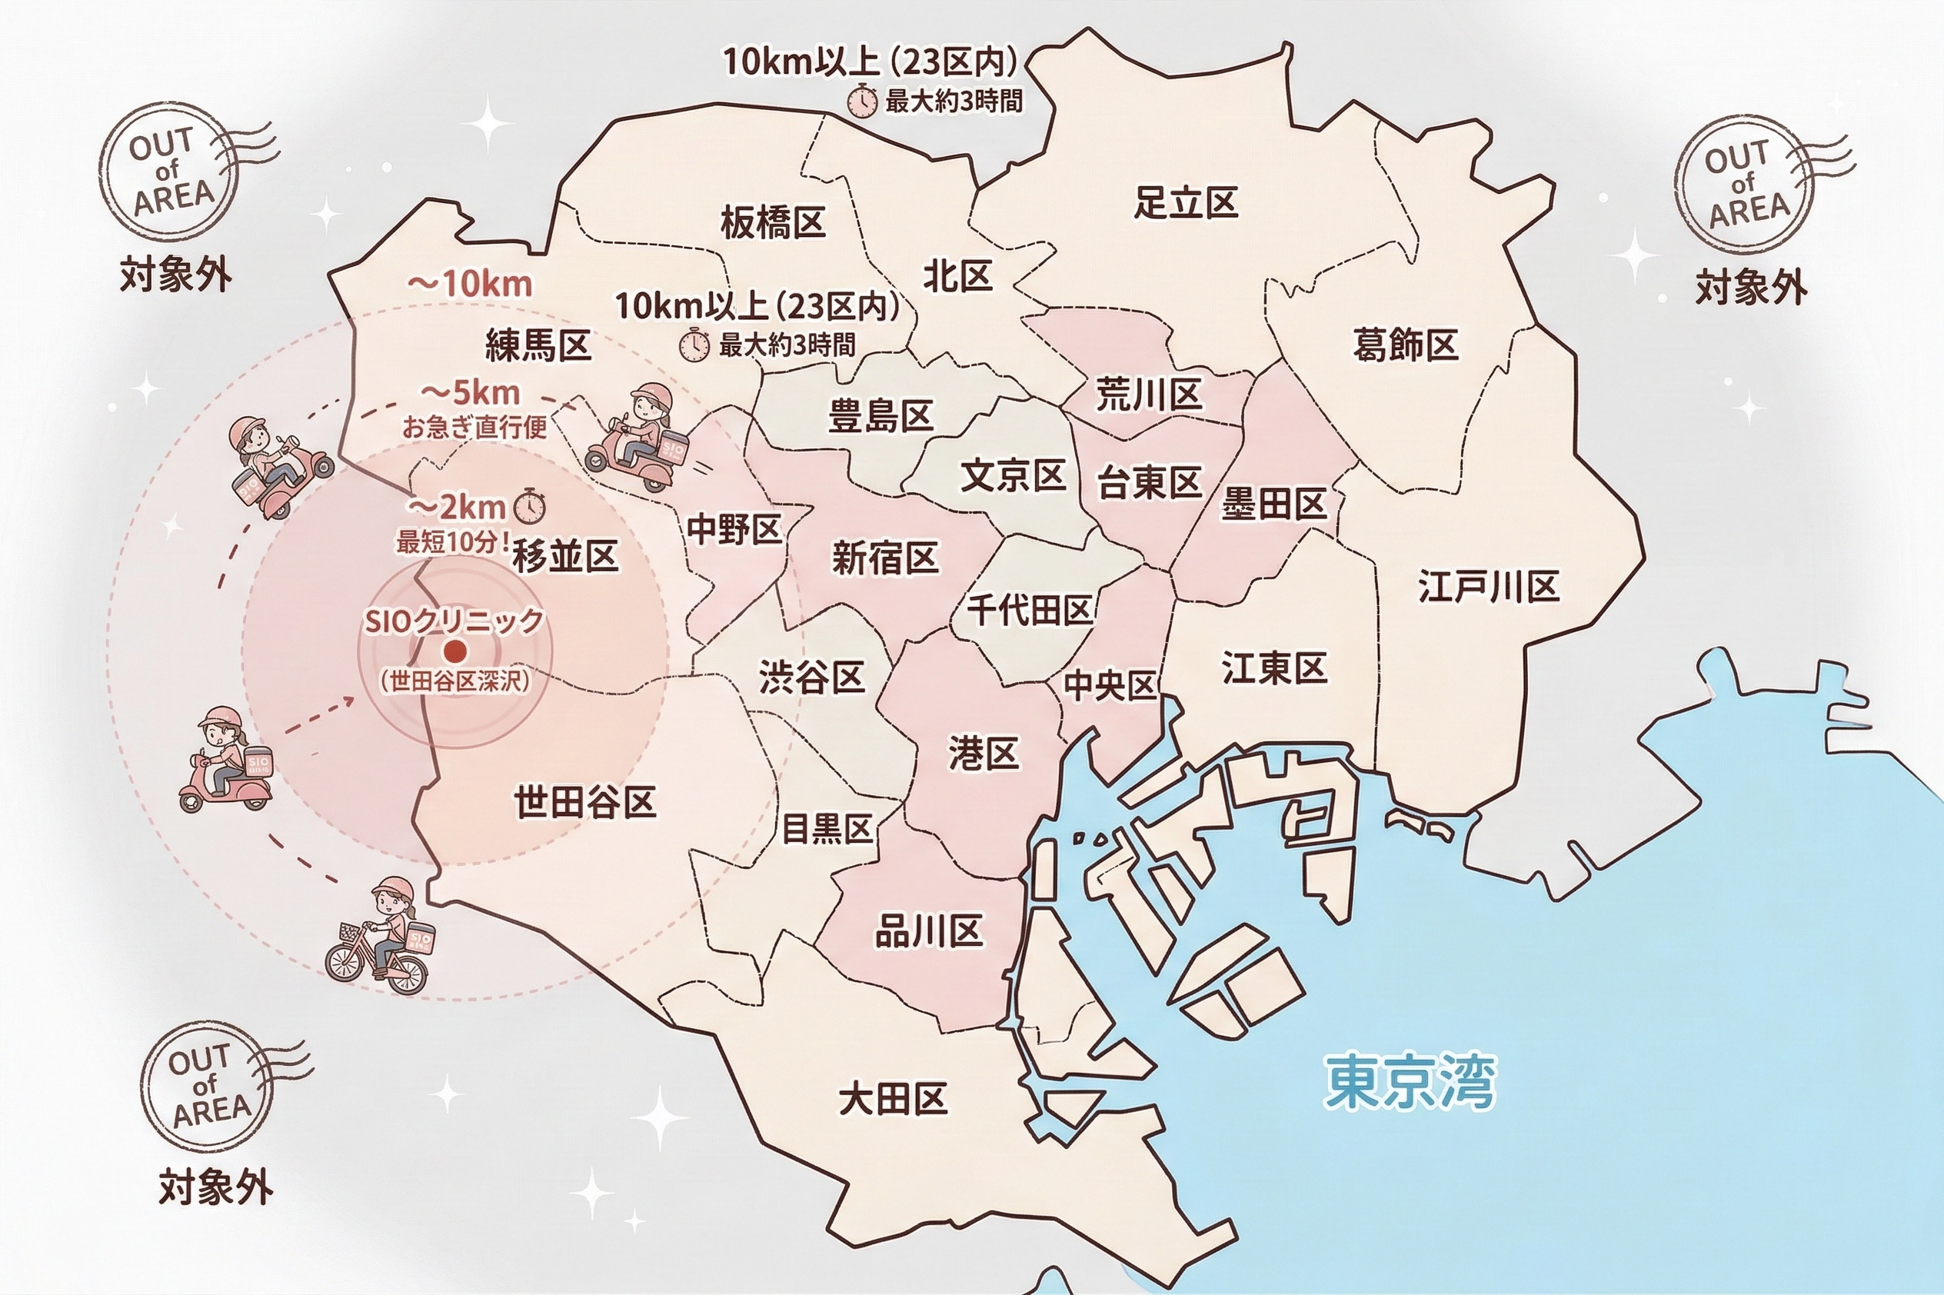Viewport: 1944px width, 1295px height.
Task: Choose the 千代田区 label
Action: pyautogui.click(x=1030, y=611)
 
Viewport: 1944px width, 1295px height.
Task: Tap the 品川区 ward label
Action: pyautogui.click(x=928, y=931)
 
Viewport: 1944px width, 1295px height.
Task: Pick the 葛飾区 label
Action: pyautogui.click(x=1405, y=345)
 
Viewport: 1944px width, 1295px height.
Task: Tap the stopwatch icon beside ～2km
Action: pyautogui.click(x=530, y=505)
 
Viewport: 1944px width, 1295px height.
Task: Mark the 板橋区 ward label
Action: pyautogui.click(x=772, y=222)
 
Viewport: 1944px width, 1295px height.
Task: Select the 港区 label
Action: pyautogui.click(x=983, y=753)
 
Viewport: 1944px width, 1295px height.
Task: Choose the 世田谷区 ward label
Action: pyautogui.click(x=584, y=802)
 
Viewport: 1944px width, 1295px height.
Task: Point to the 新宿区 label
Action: pyautogui.click(x=884, y=559)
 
